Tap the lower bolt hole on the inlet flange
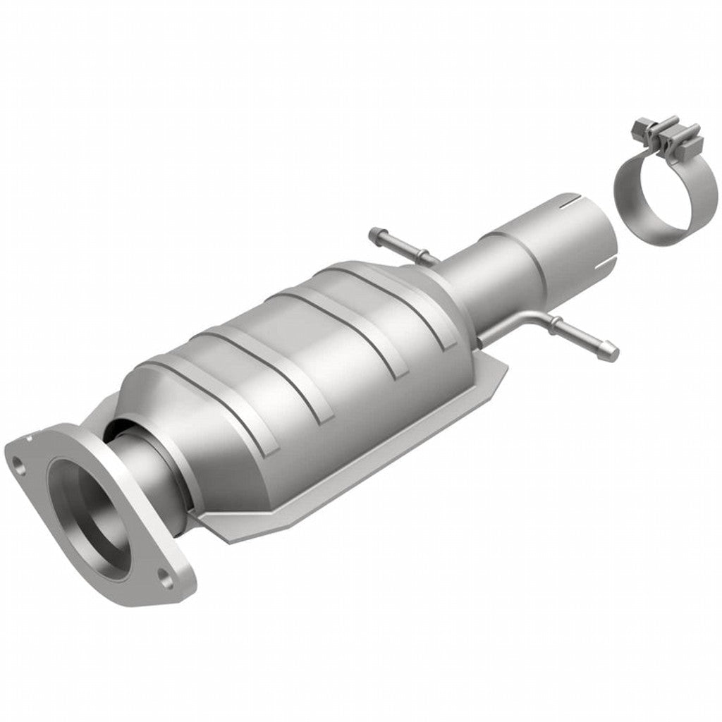166,581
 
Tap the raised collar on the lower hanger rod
557,325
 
